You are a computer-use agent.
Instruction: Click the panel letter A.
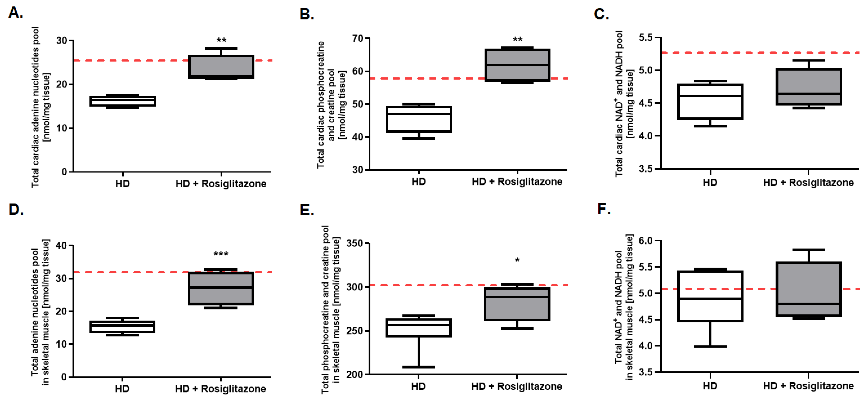(15, 13)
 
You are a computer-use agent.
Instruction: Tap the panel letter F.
(604, 209)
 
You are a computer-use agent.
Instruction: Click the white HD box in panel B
(419, 120)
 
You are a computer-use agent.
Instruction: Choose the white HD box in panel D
(122, 327)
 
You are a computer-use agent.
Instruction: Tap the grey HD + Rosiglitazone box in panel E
(517, 304)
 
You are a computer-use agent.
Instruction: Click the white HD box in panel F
(710, 296)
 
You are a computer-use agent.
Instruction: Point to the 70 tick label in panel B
(358, 39)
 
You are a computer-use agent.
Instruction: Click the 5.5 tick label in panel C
(645, 38)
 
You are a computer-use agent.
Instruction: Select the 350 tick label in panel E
(354, 243)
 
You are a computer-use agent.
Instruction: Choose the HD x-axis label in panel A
(122, 184)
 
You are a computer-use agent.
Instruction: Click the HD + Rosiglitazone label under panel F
(808, 386)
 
